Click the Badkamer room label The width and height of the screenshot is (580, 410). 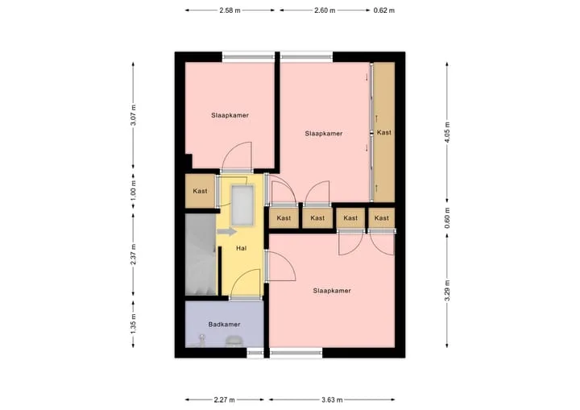(224, 325)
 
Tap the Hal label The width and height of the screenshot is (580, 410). (241, 248)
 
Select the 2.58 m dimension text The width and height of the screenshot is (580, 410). (230, 10)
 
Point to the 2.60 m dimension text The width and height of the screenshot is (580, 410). (325, 10)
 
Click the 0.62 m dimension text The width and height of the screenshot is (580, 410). (384, 10)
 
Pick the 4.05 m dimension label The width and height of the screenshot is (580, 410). (447, 132)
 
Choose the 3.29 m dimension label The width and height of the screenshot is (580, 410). (447, 291)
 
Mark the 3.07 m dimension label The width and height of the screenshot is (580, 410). (133, 115)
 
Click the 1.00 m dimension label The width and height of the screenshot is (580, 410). (133, 191)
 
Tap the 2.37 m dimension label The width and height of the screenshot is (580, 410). (133, 255)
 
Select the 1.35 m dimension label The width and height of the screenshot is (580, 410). (133, 324)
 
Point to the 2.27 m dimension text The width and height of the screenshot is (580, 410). (224, 400)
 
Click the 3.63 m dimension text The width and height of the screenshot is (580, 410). (332, 400)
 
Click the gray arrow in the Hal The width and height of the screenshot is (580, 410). (226, 232)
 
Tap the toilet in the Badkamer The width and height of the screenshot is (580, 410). (233, 342)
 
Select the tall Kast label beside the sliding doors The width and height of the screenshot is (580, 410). (384, 132)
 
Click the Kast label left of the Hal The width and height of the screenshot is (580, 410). (200, 191)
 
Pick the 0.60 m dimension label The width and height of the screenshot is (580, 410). (447, 218)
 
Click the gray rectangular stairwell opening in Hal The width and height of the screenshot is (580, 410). (242, 205)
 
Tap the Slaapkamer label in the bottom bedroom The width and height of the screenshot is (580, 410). (332, 291)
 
